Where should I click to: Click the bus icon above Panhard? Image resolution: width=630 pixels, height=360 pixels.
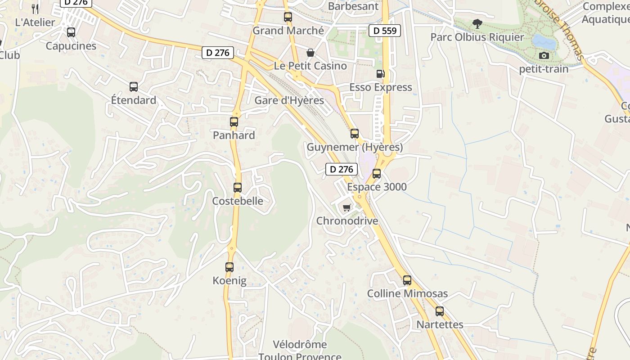(234, 121)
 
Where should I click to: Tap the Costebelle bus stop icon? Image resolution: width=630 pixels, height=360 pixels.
(238, 187)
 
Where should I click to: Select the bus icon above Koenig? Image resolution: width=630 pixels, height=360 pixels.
(229, 267)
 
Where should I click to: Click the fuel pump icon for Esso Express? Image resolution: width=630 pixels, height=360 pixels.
(380, 73)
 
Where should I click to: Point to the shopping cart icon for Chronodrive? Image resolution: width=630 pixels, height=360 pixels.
(346, 207)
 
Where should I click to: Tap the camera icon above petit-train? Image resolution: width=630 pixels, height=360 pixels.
(544, 55)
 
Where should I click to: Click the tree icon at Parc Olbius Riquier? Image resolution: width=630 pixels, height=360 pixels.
(477, 23)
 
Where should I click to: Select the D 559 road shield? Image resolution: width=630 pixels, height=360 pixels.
(385, 31)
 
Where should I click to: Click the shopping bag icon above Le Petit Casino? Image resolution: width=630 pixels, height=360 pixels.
(310, 52)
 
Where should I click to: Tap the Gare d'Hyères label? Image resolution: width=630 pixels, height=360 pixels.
(289, 100)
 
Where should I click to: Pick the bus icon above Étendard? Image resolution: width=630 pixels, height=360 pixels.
(134, 86)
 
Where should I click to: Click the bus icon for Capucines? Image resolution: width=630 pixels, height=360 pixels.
(71, 32)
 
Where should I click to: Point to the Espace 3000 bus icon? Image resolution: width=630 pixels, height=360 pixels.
(377, 173)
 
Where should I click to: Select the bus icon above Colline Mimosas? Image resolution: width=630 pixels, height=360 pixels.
(407, 280)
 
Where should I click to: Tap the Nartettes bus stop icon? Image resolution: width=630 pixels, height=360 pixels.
(440, 311)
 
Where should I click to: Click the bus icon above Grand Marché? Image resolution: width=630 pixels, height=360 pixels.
(288, 17)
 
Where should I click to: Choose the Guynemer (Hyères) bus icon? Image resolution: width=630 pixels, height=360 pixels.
(355, 133)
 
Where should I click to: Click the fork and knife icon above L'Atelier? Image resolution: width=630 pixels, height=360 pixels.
(36, 9)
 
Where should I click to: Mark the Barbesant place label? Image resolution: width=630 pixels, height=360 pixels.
(353, 6)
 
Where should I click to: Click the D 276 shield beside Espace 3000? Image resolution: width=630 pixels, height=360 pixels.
(342, 169)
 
